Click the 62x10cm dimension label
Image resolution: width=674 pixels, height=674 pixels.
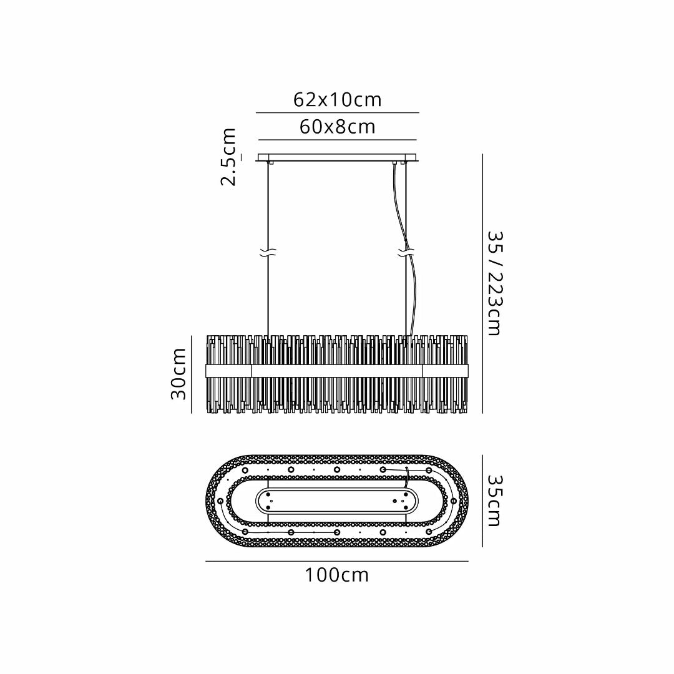[338, 100]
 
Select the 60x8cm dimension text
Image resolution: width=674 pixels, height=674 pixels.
[338, 127]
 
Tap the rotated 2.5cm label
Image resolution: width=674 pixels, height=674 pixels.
[228, 157]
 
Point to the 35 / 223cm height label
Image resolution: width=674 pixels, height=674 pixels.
[495, 284]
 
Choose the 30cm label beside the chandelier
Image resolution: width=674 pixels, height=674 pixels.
[178, 374]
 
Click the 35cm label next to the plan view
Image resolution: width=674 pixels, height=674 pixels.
[495, 501]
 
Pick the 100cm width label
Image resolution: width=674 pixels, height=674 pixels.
[337, 575]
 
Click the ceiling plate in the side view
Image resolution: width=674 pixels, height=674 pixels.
[338, 158]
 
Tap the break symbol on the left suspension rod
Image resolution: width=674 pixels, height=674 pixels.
[268, 253]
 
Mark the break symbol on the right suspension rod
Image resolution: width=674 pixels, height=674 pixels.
[406, 253]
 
